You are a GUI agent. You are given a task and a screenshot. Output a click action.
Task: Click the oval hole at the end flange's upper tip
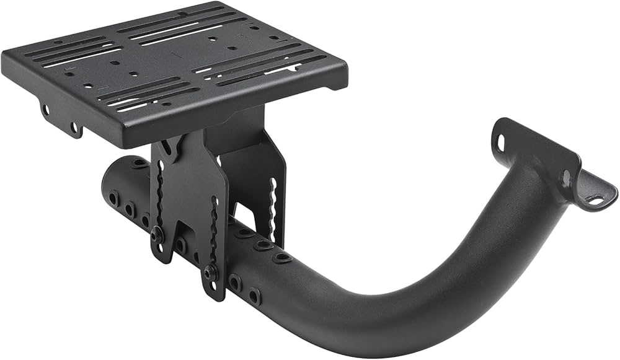500,143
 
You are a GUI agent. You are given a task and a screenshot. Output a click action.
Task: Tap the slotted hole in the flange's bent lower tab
595,200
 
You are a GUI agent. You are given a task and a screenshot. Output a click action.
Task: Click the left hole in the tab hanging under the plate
45,110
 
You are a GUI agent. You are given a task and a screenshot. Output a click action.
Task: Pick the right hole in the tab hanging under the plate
74,128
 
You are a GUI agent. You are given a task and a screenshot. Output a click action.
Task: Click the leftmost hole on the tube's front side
114,198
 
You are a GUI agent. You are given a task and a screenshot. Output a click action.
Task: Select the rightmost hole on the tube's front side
254,296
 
